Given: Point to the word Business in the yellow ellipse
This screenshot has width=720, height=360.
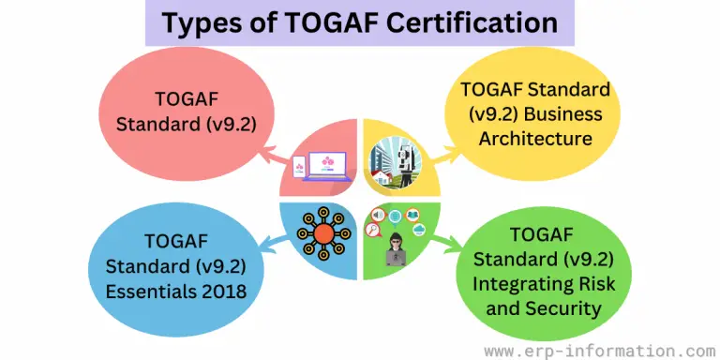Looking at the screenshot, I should click(x=561, y=115).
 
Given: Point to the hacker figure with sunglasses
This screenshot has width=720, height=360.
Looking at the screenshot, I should click(x=396, y=248).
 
